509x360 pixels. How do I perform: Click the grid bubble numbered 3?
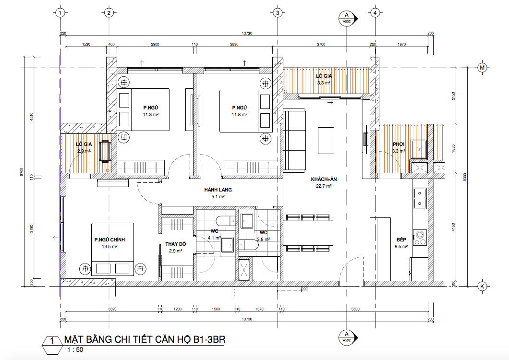[277, 13]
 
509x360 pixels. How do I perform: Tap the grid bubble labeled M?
[482, 68]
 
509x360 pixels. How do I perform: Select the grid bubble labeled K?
[482, 286]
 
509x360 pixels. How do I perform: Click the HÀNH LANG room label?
[218, 190]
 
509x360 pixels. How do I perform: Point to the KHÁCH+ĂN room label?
[324, 179]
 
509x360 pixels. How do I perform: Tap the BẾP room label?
[401, 240]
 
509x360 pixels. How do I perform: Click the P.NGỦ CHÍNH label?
[109, 240]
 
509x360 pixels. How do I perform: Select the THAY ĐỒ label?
[175, 244]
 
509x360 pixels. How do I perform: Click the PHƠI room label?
[398, 144]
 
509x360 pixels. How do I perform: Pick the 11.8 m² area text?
[240, 115]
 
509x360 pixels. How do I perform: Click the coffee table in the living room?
[326, 141]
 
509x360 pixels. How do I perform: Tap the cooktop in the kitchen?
[420, 238]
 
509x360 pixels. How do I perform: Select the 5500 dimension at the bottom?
[355, 309]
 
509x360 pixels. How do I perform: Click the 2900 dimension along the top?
[155, 44]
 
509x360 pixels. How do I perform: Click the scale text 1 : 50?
[75, 349]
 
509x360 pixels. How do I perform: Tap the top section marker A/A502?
[347, 18]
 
